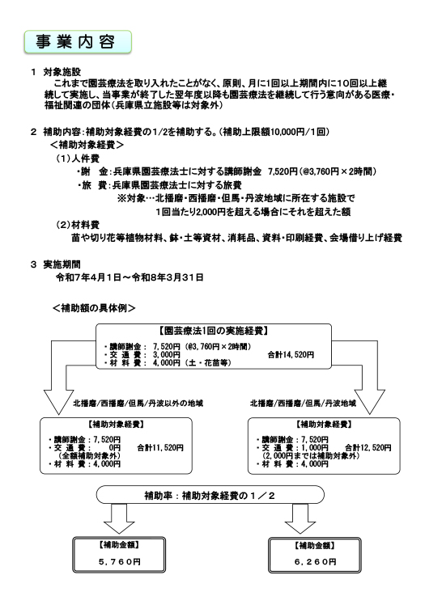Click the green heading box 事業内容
[x=78, y=42]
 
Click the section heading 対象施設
[x=62, y=72]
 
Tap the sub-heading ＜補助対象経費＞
[x=87, y=145]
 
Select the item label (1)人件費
[x=78, y=159]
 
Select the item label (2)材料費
[x=78, y=225]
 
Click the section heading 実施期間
[x=62, y=264]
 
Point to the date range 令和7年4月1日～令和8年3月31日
[x=130, y=277]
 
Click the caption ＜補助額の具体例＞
[x=94, y=308]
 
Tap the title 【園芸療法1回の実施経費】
[x=214, y=331]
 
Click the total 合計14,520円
[x=291, y=354]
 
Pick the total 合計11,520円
[x=160, y=448]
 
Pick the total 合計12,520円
[x=368, y=448]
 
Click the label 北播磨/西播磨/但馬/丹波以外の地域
[x=138, y=403]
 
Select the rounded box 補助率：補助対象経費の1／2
[x=210, y=495]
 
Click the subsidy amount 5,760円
[x=119, y=562]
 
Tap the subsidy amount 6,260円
[x=316, y=562]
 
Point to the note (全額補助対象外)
[x=90, y=455]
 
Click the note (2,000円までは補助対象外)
[x=311, y=455]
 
